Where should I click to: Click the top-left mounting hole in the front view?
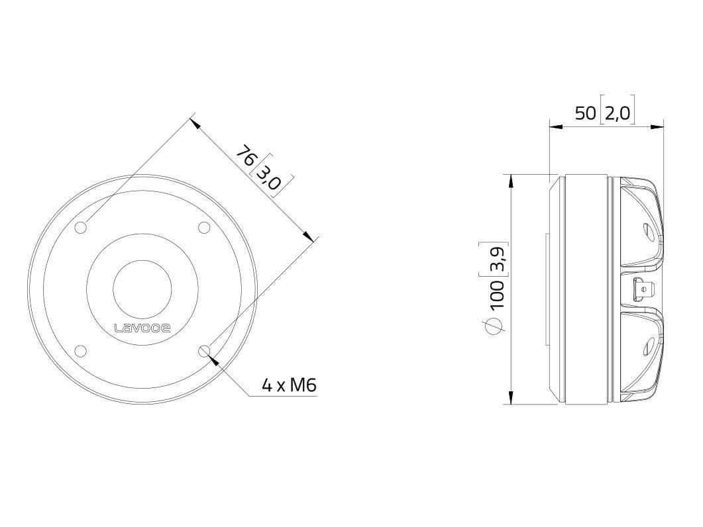pyautogui.click(x=81, y=228)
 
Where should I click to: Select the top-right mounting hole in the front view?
pyautogui.click(x=204, y=228)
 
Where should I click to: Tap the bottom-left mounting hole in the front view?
pyautogui.click(x=81, y=351)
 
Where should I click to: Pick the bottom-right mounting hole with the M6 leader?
pyautogui.click(x=204, y=351)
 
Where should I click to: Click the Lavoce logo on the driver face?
pyautogui.click(x=142, y=328)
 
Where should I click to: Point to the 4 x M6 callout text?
pyautogui.click(x=288, y=385)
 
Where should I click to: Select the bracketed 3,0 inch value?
pyautogui.click(x=270, y=175)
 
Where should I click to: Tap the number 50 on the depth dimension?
pyautogui.click(x=585, y=113)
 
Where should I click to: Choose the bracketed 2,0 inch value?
pyautogui.click(x=617, y=113)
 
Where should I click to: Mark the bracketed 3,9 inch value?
pyautogui.click(x=497, y=258)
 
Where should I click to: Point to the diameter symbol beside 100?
pyautogui.click(x=496, y=325)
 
